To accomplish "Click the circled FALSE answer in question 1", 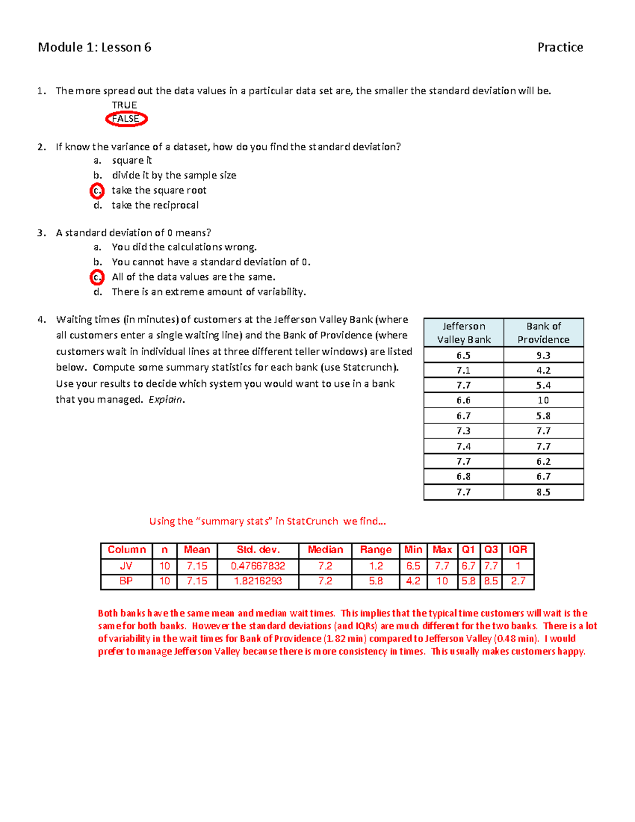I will tap(126, 119).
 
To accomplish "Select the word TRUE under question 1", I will tap(124, 105).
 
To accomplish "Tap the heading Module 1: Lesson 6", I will tap(95, 48).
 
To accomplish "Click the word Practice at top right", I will tap(560, 48).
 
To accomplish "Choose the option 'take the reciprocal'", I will tap(155, 205).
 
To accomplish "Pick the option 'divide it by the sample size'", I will tap(174, 175).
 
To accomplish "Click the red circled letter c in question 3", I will tap(97, 277).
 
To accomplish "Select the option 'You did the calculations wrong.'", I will tap(184, 247).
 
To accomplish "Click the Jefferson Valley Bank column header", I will tap(464, 333).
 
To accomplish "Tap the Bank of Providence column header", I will tap(543, 333).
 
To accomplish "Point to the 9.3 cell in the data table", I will tap(543, 355).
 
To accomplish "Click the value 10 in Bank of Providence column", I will tap(543, 401).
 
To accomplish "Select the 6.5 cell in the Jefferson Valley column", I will tap(464, 355).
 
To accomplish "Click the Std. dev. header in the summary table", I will tap(258, 550).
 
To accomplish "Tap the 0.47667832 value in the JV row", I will tap(258, 566).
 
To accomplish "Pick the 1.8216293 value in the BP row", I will tap(258, 581).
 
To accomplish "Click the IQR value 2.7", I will tap(518, 581).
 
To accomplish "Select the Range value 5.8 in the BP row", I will tap(376, 581).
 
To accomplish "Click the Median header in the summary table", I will tap(325, 550).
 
